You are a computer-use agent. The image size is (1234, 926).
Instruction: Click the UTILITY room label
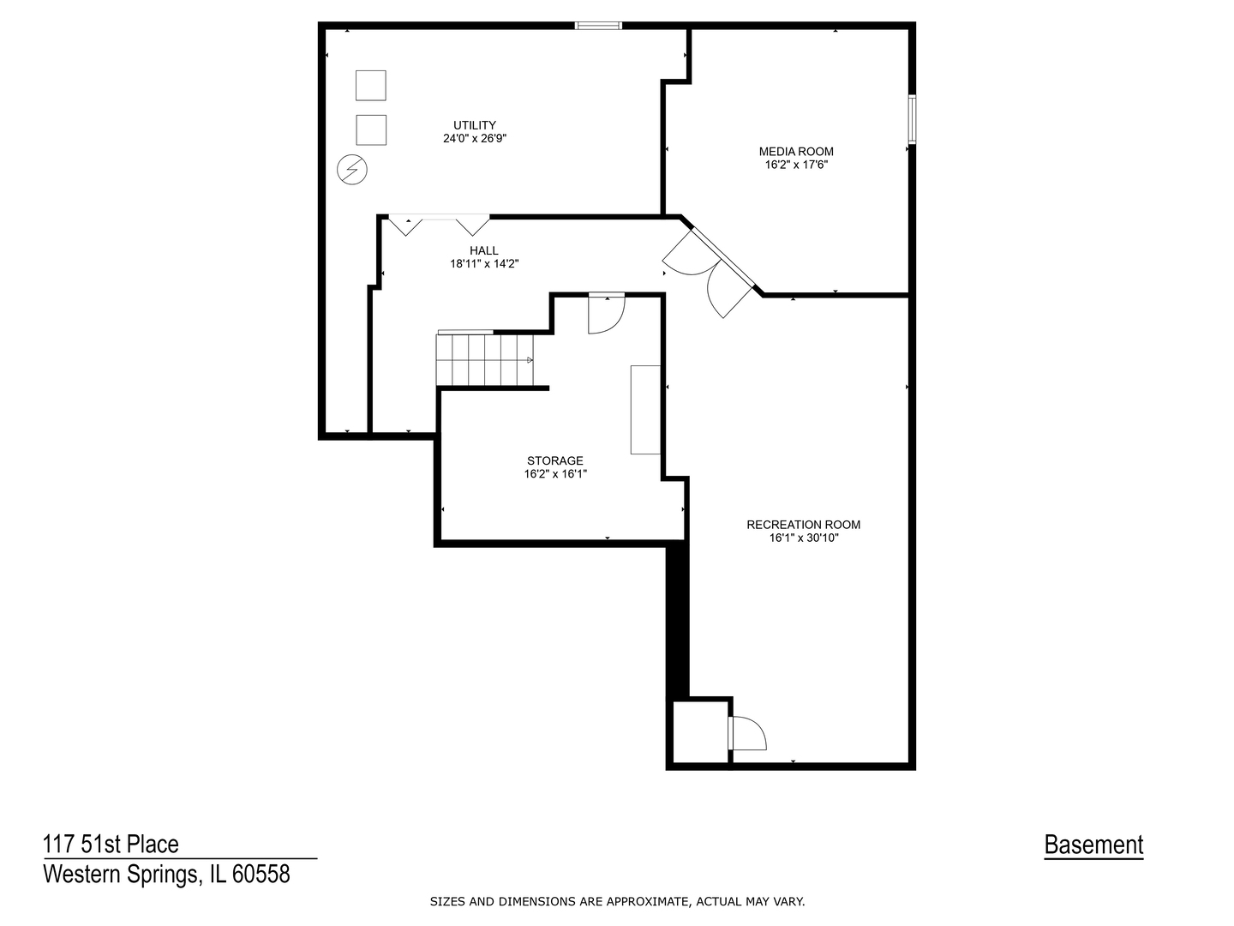(475, 125)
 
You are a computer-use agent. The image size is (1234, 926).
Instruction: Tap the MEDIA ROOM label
(795, 151)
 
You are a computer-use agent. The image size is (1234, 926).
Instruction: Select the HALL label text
(483, 250)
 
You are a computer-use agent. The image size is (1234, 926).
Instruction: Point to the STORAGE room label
(555, 460)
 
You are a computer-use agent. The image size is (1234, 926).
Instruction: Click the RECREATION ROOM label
(803, 525)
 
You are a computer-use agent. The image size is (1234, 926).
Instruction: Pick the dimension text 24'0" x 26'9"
(475, 138)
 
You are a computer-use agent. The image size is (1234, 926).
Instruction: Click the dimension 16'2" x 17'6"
(795, 165)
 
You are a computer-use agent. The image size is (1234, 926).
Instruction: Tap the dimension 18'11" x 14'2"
(483, 264)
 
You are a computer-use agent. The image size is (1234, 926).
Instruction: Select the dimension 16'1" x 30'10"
(803, 538)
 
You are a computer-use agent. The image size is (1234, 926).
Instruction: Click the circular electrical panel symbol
(352, 169)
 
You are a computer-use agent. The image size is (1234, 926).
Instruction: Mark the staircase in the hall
(485, 360)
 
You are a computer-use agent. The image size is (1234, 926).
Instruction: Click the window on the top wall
(598, 26)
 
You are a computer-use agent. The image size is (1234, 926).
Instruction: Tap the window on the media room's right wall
(911, 119)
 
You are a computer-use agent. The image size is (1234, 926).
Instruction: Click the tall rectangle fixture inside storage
(645, 409)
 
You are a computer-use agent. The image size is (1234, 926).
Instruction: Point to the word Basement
(1093, 845)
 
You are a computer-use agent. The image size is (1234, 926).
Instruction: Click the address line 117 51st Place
(111, 844)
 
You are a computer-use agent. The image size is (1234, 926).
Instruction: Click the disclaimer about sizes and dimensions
(617, 902)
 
